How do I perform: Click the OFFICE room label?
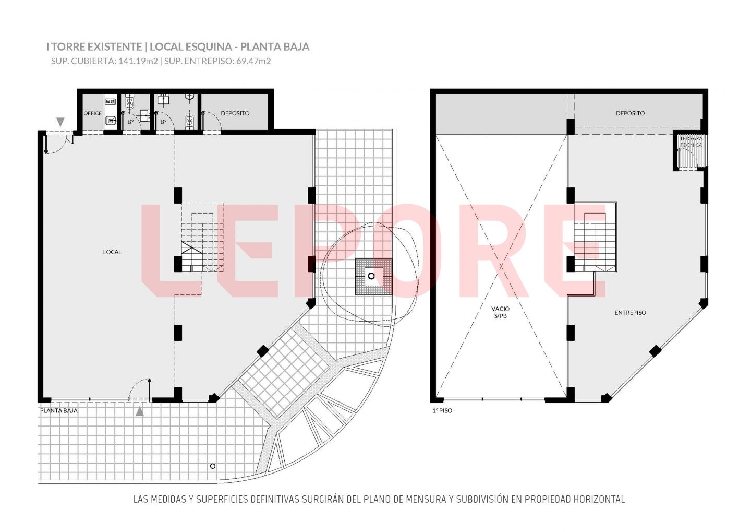[x=92, y=113]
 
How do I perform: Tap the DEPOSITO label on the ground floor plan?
[x=235, y=113]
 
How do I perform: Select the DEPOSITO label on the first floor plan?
[x=631, y=113]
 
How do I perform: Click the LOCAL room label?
[x=112, y=252]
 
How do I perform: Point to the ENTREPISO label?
[x=631, y=313]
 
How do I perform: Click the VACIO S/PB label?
[x=501, y=312]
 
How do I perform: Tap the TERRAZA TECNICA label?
[x=692, y=141]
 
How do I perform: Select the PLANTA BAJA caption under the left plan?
[x=59, y=410]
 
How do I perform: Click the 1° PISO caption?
[x=442, y=410]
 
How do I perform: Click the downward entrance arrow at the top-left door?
[x=60, y=122]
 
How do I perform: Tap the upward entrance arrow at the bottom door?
[x=140, y=411]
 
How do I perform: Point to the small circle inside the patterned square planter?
[x=371, y=276]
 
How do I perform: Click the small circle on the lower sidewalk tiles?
[x=213, y=466]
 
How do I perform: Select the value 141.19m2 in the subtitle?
[x=138, y=61]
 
